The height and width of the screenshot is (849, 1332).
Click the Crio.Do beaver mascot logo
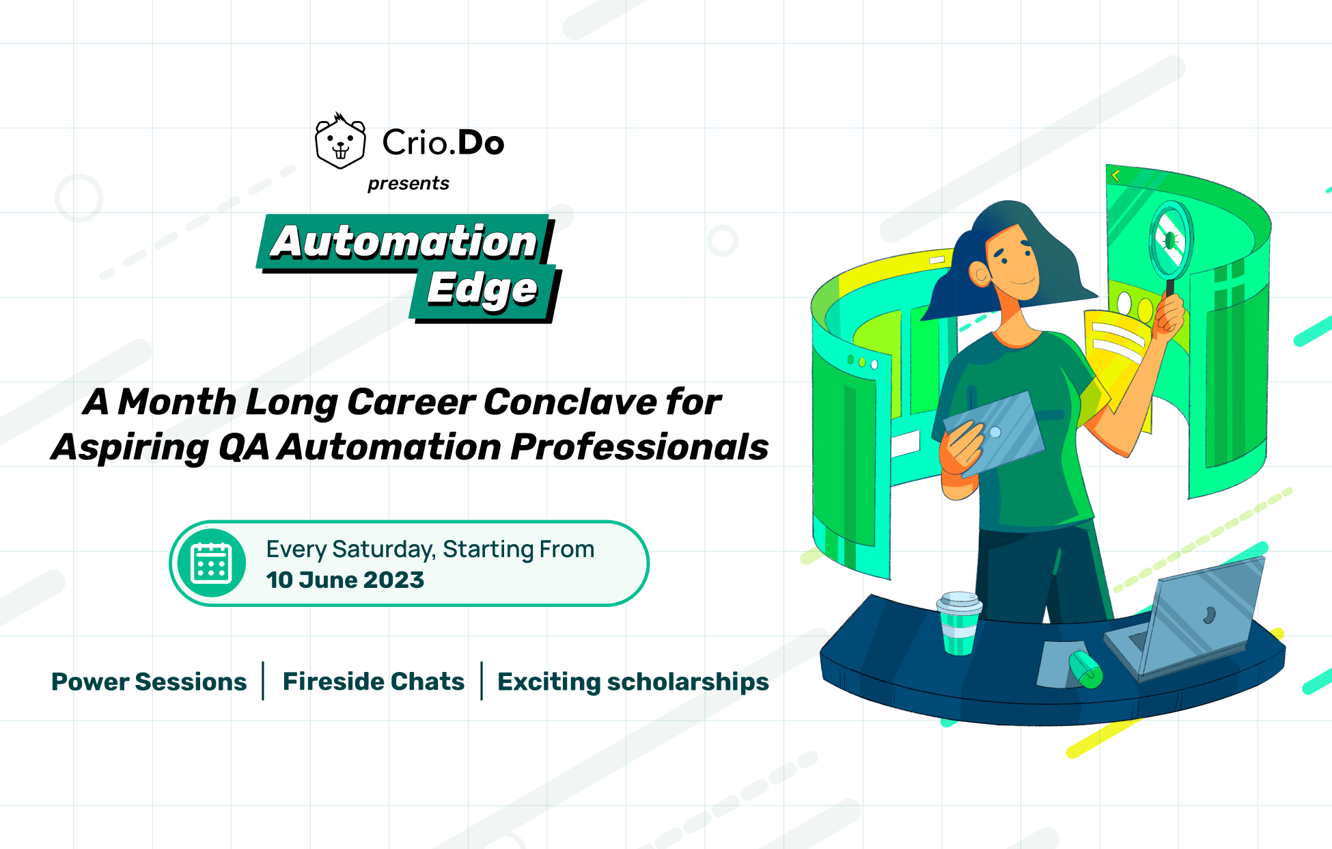[340, 141]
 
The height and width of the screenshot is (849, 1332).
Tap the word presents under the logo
[408, 184]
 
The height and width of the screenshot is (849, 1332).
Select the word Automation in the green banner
[404, 241]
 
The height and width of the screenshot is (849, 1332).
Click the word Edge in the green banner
[482, 290]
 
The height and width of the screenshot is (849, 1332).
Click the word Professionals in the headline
[639, 447]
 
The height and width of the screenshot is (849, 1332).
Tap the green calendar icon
[212, 563]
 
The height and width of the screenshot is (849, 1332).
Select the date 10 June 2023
[345, 580]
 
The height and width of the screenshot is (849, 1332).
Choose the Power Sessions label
[149, 682]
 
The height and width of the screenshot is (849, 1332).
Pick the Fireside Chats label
[374, 682]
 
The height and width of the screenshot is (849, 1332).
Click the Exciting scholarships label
[633, 682]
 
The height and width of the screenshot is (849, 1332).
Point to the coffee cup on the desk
[959, 623]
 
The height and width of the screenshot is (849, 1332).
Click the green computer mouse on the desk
[1085, 669]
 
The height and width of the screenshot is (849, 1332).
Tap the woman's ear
[981, 274]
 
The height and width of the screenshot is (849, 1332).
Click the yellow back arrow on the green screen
[1115, 176]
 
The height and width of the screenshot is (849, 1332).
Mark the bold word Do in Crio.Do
[481, 142]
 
